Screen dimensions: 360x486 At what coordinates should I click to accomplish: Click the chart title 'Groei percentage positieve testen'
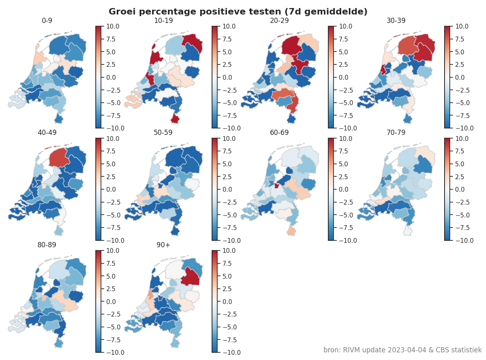coord(238,12)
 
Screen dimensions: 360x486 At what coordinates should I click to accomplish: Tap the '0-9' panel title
coord(47,21)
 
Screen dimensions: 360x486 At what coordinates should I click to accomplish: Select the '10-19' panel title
coord(163,21)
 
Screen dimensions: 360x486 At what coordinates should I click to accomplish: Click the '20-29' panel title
coord(280,21)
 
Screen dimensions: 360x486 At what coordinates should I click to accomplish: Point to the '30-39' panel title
coord(396,21)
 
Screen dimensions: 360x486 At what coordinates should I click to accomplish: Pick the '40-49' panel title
coord(47,132)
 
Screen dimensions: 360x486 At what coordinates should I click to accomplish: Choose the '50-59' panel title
coord(163,132)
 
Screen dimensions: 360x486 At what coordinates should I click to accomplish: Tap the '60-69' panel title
coord(280,132)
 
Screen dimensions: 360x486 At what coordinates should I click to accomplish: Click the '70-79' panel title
coord(396,132)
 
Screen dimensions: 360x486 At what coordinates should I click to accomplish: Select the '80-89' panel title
coord(47,244)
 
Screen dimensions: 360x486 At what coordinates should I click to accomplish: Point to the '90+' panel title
coord(163,244)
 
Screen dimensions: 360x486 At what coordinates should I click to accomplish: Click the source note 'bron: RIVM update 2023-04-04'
coord(402,350)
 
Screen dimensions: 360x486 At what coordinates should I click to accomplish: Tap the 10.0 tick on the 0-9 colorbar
coord(113,27)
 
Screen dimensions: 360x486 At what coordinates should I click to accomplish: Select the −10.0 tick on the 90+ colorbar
coord(229,353)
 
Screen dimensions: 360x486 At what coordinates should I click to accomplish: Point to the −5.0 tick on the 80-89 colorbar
coord(113,327)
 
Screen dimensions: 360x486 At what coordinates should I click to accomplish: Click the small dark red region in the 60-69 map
coord(276,186)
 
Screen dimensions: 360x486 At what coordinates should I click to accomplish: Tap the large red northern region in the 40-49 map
coord(59,157)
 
